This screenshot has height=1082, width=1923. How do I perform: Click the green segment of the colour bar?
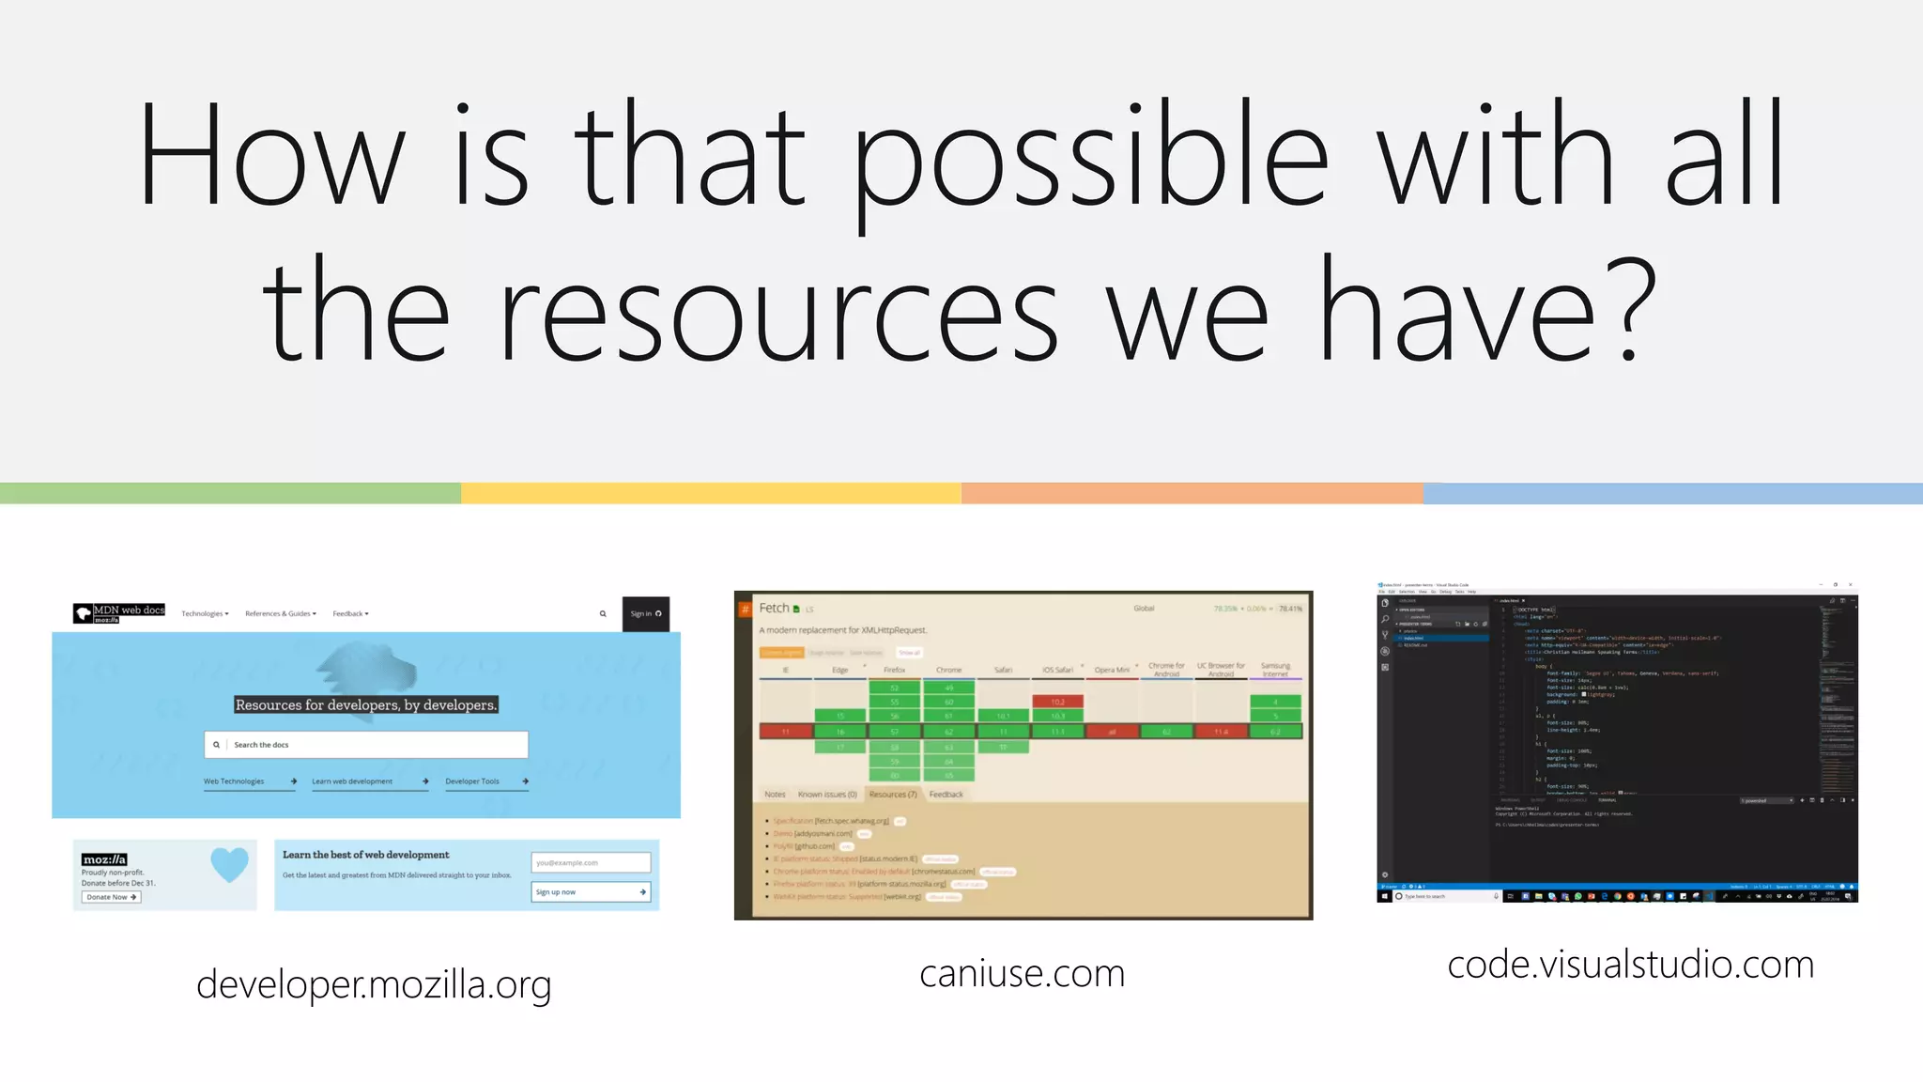(x=230, y=493)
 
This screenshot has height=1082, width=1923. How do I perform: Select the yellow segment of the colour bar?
(x=711, y=493)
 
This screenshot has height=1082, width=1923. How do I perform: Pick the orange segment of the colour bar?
(x=1192, y=493)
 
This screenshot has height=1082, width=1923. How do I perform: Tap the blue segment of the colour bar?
(x=1672, y=493)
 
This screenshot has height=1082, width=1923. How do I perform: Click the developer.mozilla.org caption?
(x=374, y=984)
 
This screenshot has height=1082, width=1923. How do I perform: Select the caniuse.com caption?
(x=1022, y=974)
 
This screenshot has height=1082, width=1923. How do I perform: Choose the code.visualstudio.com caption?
(x=1630, y=965)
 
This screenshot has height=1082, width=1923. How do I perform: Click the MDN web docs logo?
(x=119, y=613)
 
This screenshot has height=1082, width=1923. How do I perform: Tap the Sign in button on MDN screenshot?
(x=645, y=614)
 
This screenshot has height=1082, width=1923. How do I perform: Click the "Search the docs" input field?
(x=366, y=745)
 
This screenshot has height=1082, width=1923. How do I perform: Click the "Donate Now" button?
(x=111, y=897)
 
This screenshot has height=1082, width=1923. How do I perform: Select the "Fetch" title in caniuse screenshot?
(x=775, y=609)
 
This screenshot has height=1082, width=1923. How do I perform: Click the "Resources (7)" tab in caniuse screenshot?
(x=892, y=795)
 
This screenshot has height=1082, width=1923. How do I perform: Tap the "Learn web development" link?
(x=352, y=781)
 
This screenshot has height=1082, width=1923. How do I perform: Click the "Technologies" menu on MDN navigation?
(x=204, y=614)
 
